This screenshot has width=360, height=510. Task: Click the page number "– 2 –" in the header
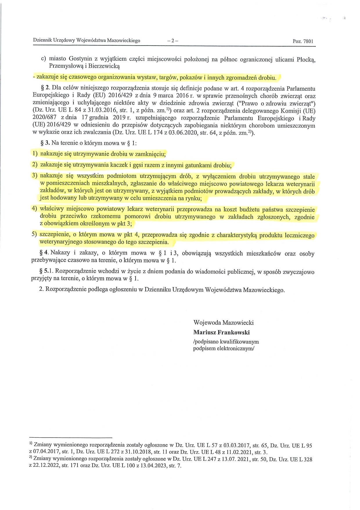click(173, 41)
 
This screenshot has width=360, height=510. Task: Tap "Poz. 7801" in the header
click(303, 41)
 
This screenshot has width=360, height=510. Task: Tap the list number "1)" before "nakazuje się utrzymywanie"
click(35, 153)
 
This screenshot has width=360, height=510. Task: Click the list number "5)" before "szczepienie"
click(35, 234)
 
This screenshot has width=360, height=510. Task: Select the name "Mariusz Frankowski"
click(221, 332)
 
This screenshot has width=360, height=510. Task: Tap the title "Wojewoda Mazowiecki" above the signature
click(223, 323)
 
